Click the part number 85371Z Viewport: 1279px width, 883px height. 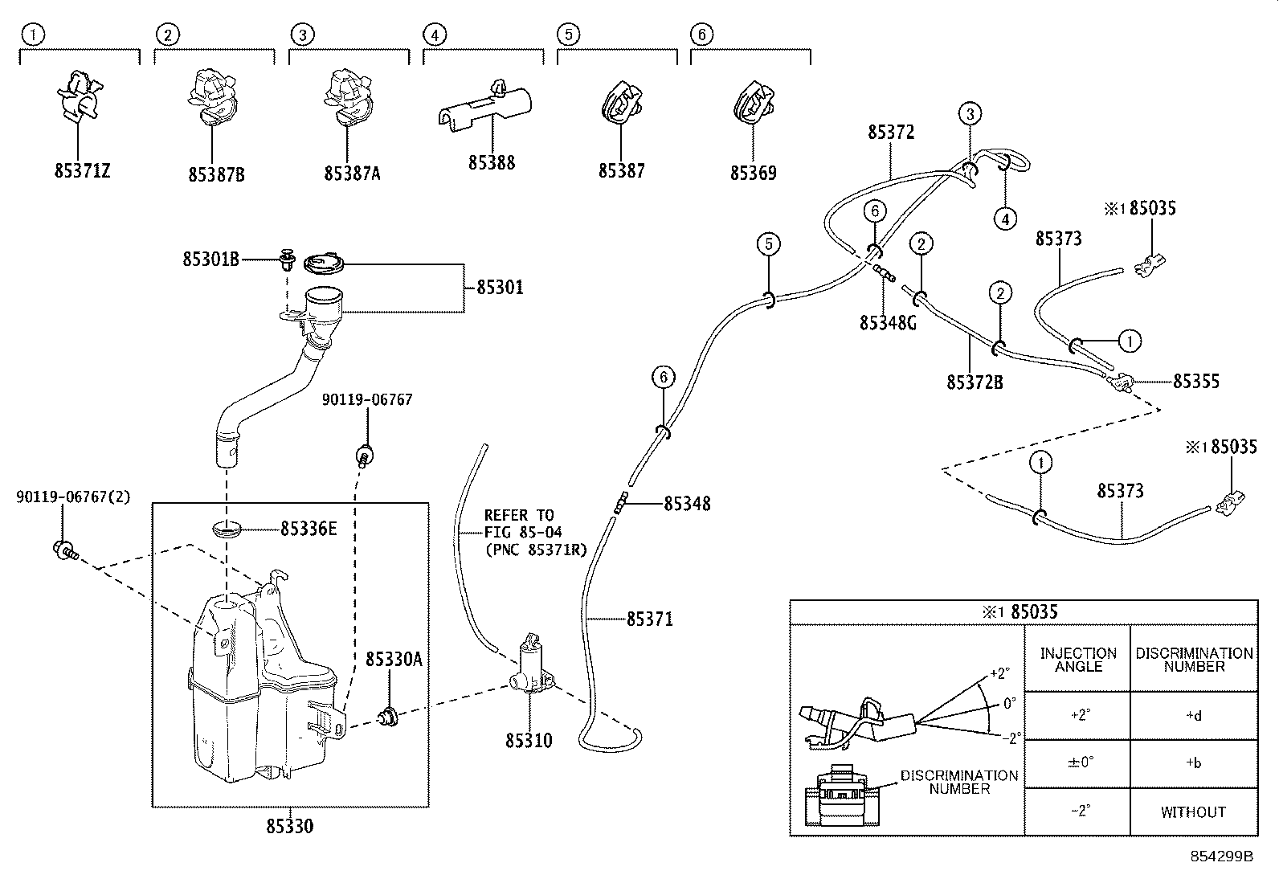82,171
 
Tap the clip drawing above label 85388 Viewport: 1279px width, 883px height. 484,107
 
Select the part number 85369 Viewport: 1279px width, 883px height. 753,173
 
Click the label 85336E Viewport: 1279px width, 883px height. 309,529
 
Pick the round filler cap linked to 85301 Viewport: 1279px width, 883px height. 325,264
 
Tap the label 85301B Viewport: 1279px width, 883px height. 210,260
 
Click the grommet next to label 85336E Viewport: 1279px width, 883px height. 227,529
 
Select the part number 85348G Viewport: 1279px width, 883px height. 888,323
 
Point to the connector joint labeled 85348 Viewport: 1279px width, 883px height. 621,502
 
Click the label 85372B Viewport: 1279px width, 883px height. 975,382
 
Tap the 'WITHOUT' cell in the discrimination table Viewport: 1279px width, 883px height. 1193,812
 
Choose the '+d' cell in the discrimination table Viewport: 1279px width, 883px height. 1193,716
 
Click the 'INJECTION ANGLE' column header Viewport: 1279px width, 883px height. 1078,660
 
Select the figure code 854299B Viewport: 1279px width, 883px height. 1221,856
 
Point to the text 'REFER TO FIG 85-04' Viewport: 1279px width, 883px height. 523,524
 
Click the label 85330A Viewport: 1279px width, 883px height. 394,660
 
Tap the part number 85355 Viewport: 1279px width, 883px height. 1196,382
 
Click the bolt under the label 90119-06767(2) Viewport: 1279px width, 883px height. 65,550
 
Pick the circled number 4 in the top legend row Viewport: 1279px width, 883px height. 435,35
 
